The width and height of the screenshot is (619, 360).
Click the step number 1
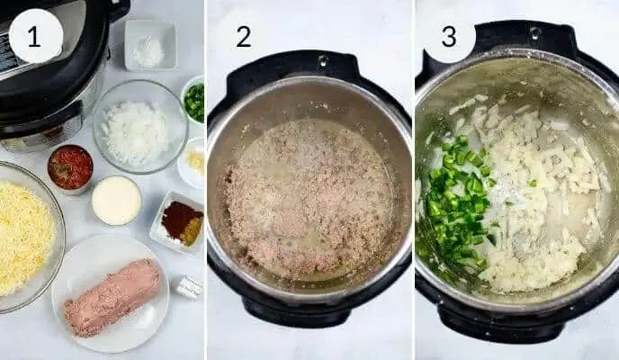(x=34, y=37)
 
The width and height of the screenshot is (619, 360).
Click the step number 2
(x=244, y=37)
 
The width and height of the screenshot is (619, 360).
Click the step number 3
(x=449, y=37)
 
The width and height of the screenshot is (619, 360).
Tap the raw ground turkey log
(x=112, y=297)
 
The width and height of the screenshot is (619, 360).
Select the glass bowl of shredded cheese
(x=26, y=237)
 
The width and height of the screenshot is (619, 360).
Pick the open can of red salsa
(x=70, y=168)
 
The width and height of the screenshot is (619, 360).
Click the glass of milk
(x=116, y=201)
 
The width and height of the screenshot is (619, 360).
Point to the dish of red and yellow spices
(x=177, y=221)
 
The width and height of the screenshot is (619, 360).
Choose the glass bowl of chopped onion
(x=140, y=126)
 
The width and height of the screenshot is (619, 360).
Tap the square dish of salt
(x=150, y=45)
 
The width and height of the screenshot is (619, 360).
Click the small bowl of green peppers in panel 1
(x=193, y=100)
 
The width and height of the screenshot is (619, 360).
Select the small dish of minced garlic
(x=193, y=162)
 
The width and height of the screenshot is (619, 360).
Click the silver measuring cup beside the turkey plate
(x=189, y=287)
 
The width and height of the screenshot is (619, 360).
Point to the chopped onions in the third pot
(x=537, y=193)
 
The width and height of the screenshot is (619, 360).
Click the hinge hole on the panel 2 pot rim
(x=323, y=61)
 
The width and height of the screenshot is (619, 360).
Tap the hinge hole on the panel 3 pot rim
(x=534, y=32)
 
